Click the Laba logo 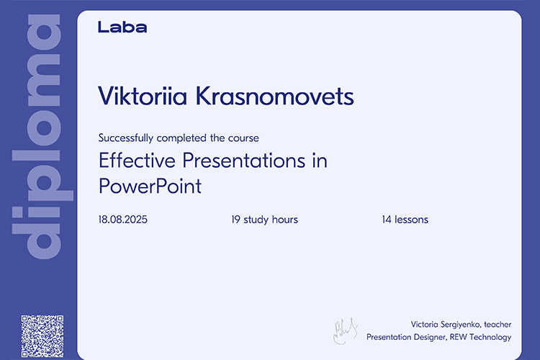(x=122, y=27)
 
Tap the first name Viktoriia (x=143, y=96)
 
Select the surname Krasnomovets (x=275, y=96)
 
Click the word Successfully (x=126, y=138)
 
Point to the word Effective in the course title (x=137, y=161)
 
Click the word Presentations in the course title (x=244, y=161)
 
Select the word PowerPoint (x=150, y=186)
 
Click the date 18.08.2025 (x=123, y=220)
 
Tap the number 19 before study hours (x=235, y=220)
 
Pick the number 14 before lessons (x=387, y=220)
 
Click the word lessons (x=412, y=220)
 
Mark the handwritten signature (x=345, y=330)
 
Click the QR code (x=42, y=336)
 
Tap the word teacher (x=498, y=324)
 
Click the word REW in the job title (x=458, y=337)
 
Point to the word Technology (x=490, y=337)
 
